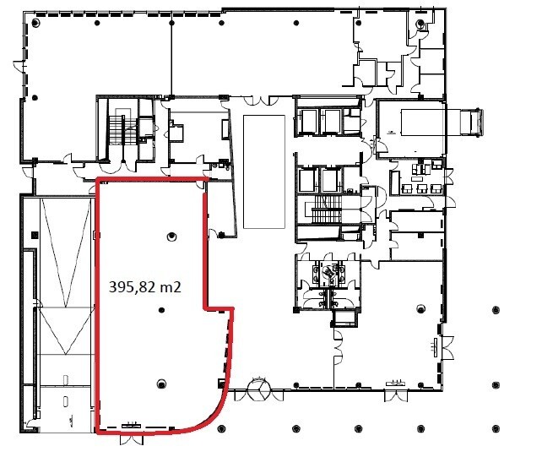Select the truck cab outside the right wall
(x=470, y=122)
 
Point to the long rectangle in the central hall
(x=264, y=172)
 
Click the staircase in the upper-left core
(x=121, y=129)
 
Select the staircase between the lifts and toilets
(x=322, y=210)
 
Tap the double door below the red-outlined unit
(x=132, y=439)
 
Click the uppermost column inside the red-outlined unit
(x=171, y=237)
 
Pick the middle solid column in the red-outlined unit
(x=161, y=310)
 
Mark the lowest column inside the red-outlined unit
(x=161, y=384)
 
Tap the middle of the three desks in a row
(x=422, y=188)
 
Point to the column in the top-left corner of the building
(x=35, y=23)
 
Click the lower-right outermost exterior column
(x=496, y=428)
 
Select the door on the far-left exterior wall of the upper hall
(x=19, y=66)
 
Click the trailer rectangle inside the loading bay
(x=422, y=122)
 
